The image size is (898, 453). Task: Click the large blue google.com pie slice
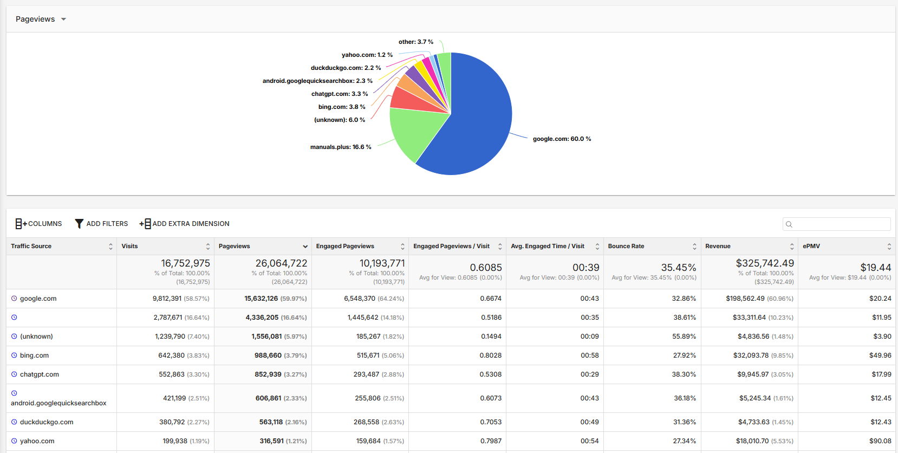pyautogui.click(x=477, y=120)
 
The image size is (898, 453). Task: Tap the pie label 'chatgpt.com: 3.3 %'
pyautogui.click(x=340, y=94)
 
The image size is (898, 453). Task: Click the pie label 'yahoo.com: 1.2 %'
pyautogui.click(x=367, y=55)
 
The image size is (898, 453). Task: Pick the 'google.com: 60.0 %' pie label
pyautogui.click(x=562, y=139)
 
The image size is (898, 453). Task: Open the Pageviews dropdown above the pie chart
pyautogui.click(x=41, y=20)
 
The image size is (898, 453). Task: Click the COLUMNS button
pyautogui.click(x=38, y=223)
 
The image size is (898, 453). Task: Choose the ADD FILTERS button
pyautogui.click(x=101, y=223)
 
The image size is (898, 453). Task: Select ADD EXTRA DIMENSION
pyautogui.click(x=184, y=223)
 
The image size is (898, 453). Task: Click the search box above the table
pyautogui.click(x=836, y=224)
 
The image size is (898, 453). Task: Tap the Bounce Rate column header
pyautogui.click(x=626, y=247)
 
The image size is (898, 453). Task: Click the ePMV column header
pyautogui.click(x=811, y=247)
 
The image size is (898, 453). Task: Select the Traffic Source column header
pyautogui.click(x=31, y=247)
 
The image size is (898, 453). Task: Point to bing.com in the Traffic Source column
pyautogui.click(x=35, y=355)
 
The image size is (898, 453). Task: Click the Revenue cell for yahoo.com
pyautogui.click(x=764, y=441)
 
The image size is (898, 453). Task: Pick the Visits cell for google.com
pyautogui.click(x=181, y=299)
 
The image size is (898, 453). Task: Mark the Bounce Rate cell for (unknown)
pyautogui.click(x=684, y=336)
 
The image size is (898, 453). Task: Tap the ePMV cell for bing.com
pyautogui.click(x=880, y=355)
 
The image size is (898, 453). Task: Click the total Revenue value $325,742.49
pyautogui.click(x=765, y=263)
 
